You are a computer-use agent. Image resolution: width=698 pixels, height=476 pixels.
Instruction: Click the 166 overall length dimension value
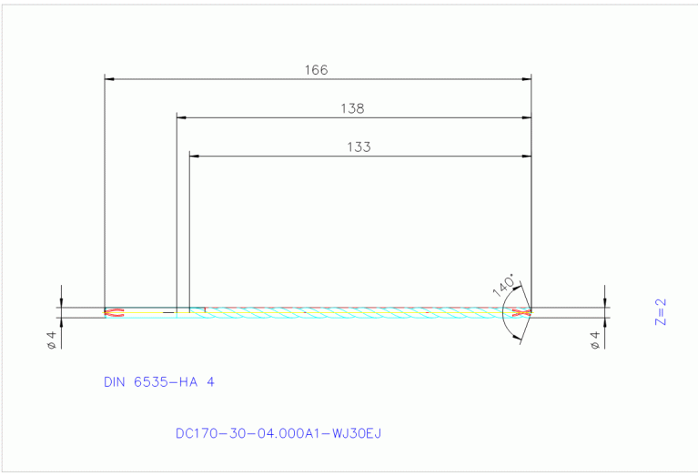click(316, 69)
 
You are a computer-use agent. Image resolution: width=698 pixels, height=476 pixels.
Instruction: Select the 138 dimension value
click(352, 108)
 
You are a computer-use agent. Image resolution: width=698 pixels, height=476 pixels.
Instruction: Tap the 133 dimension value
click(359, 147)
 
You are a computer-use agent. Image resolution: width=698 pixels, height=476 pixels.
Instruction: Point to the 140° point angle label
click(503, 285)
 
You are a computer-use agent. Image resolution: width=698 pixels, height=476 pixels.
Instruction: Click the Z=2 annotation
click(662, 311)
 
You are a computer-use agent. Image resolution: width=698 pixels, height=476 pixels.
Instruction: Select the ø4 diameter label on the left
click(52, 340)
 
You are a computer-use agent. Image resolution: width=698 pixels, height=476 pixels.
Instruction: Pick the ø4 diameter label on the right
click(595, 340)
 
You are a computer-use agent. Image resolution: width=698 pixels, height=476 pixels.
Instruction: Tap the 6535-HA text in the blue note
click(171, 382)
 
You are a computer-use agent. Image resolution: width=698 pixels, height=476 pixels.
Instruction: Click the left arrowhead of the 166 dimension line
click(109, 79)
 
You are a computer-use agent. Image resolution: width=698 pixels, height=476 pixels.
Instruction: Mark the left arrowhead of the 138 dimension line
click(180, 117)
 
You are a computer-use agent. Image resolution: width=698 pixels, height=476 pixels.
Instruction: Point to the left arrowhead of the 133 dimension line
click(193, 157)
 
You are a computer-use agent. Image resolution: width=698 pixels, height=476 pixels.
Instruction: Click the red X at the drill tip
click(521, 313)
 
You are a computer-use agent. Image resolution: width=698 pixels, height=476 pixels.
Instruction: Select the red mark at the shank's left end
click(113, 313)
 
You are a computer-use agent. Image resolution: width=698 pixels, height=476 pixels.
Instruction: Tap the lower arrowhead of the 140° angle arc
click(520, 339)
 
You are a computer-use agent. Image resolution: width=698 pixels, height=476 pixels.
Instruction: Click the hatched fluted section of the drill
click(364, 313)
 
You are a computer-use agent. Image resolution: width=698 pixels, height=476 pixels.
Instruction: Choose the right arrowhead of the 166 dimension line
click(527, 79)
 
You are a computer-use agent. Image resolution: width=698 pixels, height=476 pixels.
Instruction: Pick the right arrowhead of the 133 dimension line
click(527, 157)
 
